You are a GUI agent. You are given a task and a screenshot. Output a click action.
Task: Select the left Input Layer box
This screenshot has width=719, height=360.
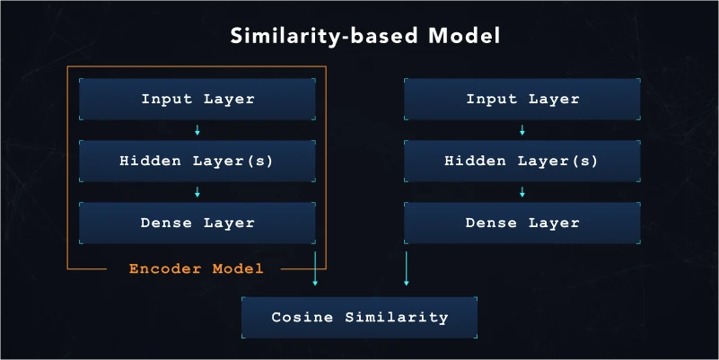[197, 99]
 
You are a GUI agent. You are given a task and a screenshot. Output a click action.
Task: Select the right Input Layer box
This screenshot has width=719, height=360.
[522, 99]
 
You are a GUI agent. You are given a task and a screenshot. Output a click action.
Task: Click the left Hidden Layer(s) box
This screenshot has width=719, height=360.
[197, 162]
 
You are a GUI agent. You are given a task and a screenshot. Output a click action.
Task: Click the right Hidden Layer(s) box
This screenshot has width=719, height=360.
[522, 162]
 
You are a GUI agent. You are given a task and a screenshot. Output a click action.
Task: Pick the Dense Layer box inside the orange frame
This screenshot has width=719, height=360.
[197, 223]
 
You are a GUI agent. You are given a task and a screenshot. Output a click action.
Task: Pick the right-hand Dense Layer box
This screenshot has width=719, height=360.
[522, 223]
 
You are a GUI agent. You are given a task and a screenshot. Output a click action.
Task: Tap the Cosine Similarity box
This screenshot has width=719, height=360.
[359, 317]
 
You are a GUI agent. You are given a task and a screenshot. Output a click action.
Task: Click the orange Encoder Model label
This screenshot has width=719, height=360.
[196, 268]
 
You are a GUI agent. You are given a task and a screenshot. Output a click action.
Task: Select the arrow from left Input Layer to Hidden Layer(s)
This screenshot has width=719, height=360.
[197, 130]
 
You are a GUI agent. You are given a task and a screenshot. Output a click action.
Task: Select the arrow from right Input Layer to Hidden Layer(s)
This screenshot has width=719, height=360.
[522, 130]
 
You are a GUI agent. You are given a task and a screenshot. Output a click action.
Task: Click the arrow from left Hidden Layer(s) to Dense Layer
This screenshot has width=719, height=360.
[197, 192]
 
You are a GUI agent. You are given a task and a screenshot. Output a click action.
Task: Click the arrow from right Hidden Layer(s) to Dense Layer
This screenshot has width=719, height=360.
[522, 192]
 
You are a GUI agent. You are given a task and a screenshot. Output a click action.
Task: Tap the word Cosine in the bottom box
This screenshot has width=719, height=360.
[297, 317]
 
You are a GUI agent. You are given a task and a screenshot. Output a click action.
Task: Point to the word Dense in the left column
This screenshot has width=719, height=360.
[167, 223]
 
